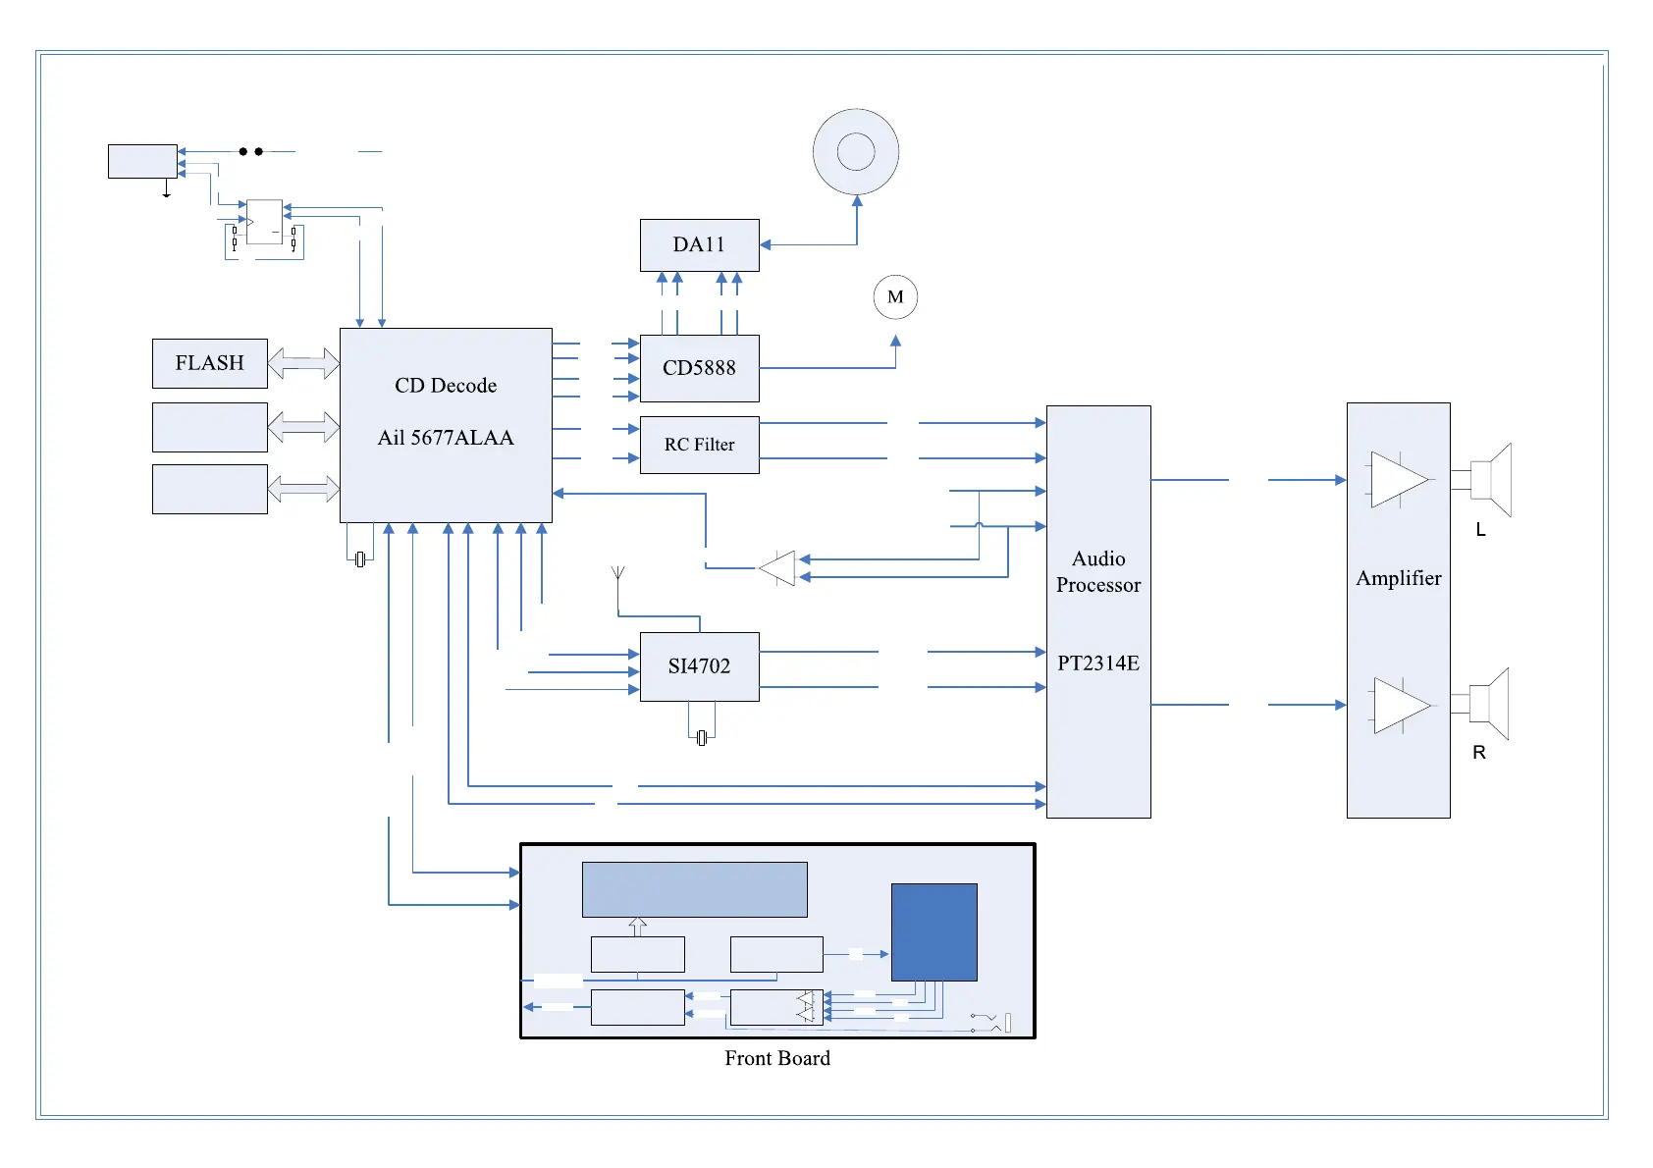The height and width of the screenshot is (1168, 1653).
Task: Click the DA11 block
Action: pyautogui.click(x=699, y=244)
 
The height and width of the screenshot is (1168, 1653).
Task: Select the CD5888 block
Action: pyautogui.click(x=699, y=368)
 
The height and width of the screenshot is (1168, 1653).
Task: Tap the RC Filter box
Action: pyautogui.click(x=699, y=445)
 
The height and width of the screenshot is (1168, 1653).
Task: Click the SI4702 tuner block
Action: pyautogui.click(x=699, y=666)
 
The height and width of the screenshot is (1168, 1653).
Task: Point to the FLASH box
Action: pyautogui.click(x=209, y=363)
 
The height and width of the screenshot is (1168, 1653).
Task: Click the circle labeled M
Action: pyautogui.click(x=895, y=297)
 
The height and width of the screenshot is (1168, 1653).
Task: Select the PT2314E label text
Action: pyautogui.click(x=1098, y=664)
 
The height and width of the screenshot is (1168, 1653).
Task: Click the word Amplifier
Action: pyautogui.click(x=1399, y=579)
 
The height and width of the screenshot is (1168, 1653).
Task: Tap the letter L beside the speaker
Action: pyautogui.click(x=1481, y=530)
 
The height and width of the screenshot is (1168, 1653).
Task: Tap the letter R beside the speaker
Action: pyautogui.click(x=1479, y=753)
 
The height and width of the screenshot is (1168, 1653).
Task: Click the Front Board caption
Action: pyautogui.click(x=777, y=1058)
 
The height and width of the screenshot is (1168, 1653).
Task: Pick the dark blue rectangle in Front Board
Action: pyautogui.click(x=933, y=931)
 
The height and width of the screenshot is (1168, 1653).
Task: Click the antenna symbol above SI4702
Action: pyautogui.click(x=618, y=574)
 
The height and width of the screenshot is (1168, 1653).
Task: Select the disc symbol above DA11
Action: pyautogui.click(x=856, y=152)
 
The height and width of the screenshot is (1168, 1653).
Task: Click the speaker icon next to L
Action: pyautogui.click(x=1490, y=480)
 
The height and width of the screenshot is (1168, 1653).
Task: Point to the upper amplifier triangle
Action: pyautogui.click(x=1397, y=480)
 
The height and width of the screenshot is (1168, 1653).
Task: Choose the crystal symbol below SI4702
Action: pyautogui.click(x=701, y=738)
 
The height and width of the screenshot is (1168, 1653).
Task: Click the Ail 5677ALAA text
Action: pyautogui.click(x=446, y=438)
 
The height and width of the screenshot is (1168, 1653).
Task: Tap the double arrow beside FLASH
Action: pyautogui.click(x=303, y=363)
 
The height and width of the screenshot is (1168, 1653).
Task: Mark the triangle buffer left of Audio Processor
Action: pyautogui.click(x=778, y=568)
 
